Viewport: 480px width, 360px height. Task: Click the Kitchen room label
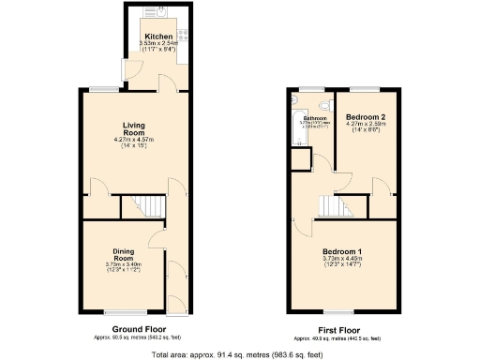[x=158, y=37]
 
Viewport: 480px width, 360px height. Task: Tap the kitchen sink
[x=160, y=14]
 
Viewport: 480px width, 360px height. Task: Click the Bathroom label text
[x=313, y=118]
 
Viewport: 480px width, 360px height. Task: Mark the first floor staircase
[x=335, y=204]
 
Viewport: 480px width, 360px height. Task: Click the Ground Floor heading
[x=139, y=328]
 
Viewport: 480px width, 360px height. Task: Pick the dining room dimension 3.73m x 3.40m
[x=124, y=263]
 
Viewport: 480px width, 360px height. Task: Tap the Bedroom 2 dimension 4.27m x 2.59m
[x=366, y=124]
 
